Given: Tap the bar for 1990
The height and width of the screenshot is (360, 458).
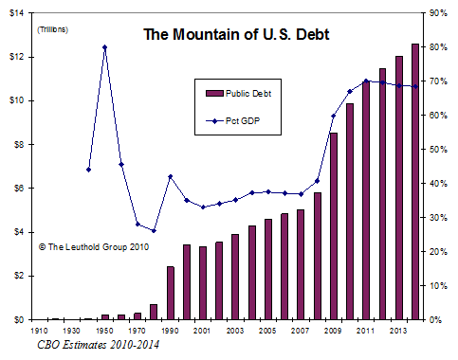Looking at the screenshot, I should tap(171, 293).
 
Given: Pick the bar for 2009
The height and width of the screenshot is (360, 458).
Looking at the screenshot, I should tap(333, 226).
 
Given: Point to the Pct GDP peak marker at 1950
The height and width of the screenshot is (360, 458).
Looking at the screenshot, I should tap(104, 46).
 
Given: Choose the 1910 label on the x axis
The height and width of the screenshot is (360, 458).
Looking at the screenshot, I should tap(40, 332).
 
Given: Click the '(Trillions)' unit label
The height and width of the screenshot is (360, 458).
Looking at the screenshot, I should tap(53, 30).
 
